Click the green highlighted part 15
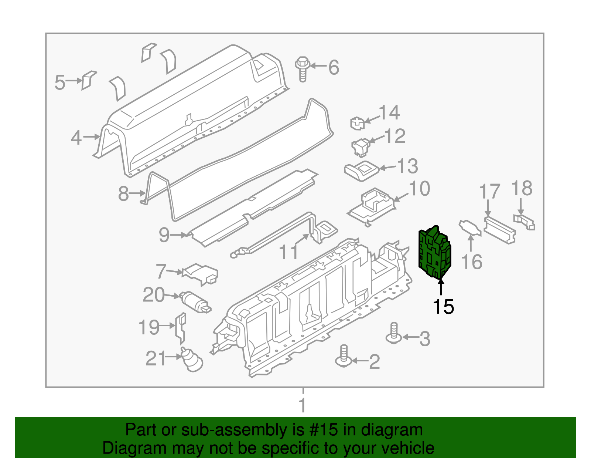[x=435, y=252]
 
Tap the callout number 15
[x=443, y=307]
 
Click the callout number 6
[x=334, y=67]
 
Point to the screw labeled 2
[x=344, y=357]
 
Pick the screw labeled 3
[x=394, y=333]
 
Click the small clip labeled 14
[x=357, y=123]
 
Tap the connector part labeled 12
[x=361, y=146]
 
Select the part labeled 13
[x=362, y=171]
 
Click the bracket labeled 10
[x=372, y=205]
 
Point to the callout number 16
[x=472, y=262]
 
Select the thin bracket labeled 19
[x=181, y=327]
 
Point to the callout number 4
[x=76, y=138]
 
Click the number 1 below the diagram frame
[x=303, y=405]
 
